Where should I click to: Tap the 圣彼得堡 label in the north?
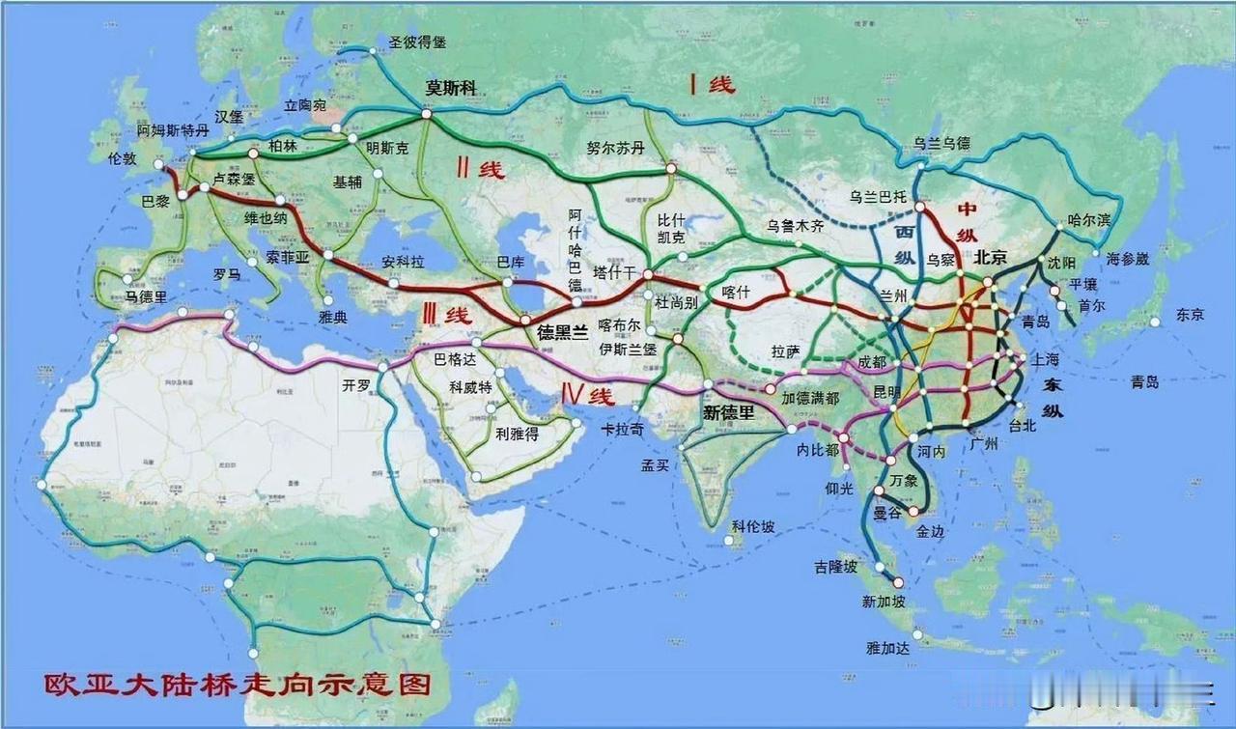coord(418,42)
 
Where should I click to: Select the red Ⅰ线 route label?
coord(712,85)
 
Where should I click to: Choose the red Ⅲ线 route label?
coord(445,315)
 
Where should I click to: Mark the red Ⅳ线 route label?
coord(588,395)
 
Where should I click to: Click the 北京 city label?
coord(992,258)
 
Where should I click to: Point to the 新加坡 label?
coord(884,602)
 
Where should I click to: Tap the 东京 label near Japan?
coord(1190,314)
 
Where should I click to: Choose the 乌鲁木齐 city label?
coord(796,226)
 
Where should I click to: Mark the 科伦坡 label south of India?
coord(753,526)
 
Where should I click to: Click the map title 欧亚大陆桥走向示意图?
coord(236,687)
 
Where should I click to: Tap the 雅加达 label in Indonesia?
coord(888,649)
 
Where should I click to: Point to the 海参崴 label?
coord(1128,258)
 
